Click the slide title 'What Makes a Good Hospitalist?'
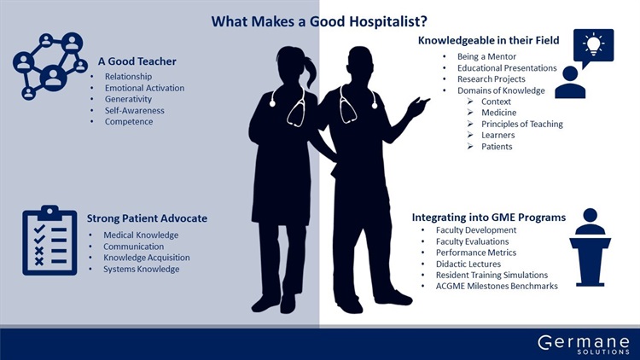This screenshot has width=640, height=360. coord(319,21)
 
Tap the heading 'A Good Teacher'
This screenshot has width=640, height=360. coord(137,61)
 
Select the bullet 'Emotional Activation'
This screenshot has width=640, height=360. coord(144,88)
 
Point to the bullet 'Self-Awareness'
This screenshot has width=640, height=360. coord(134,110)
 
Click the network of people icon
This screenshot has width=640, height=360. coord(50,66)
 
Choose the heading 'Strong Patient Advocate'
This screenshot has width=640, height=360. coord(147,218)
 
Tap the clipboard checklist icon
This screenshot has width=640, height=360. coord(49,240)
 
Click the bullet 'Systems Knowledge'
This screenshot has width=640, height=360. coord(141,269)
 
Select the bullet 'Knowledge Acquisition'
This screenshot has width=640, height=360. coord(147,258)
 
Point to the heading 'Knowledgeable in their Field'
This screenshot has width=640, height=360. coord(489,40)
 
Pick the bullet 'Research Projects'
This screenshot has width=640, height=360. coord(491,78)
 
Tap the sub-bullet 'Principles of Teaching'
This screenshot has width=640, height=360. coord(522,124)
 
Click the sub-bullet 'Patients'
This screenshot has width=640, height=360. coord(497,147)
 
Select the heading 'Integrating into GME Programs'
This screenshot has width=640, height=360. coord(489,218)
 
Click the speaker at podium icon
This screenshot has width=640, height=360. coord(591,247)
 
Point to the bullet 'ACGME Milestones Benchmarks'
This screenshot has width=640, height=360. coord(497,286)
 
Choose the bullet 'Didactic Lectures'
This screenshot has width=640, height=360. coord(468,264)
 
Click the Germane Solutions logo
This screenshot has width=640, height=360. coord(584,345)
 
